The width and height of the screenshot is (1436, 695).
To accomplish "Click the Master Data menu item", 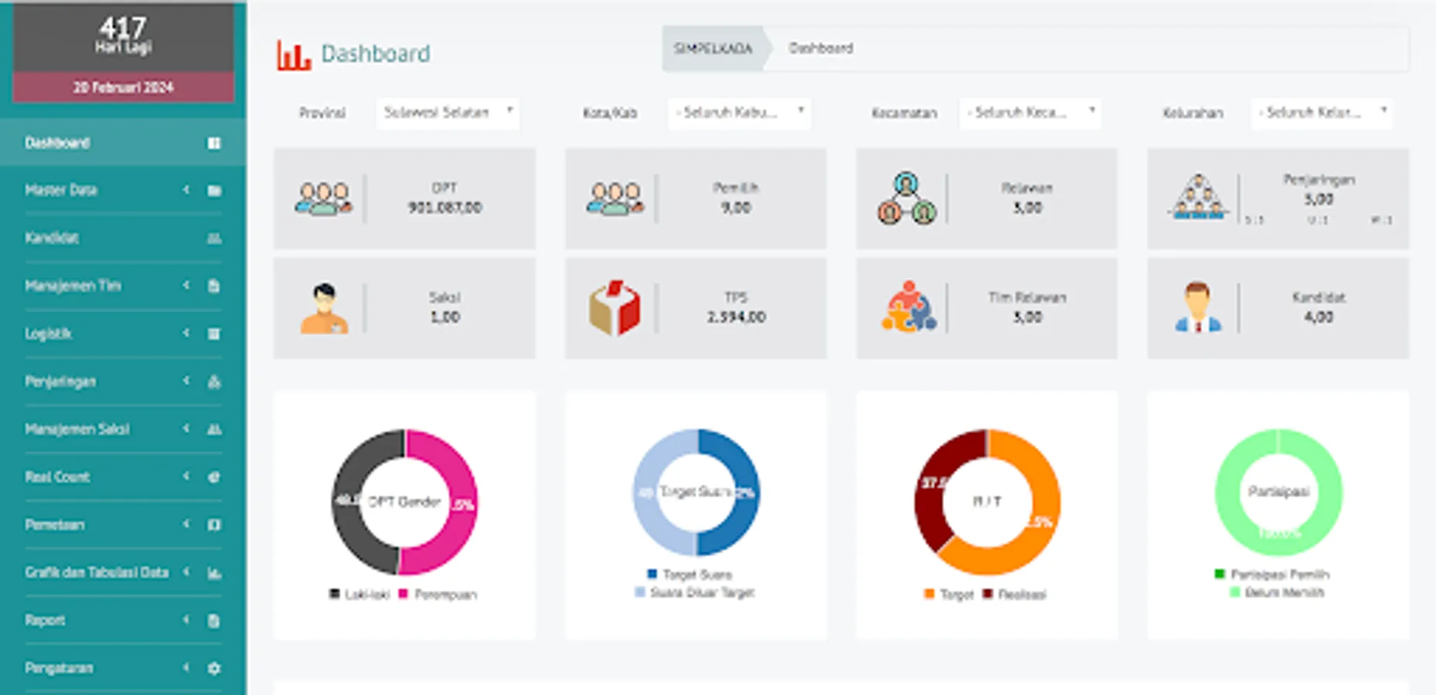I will [x=61, y=190].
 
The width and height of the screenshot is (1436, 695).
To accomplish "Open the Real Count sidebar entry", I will [x=58, y=477].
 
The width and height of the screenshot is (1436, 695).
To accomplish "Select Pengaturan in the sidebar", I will [x=59, y=668].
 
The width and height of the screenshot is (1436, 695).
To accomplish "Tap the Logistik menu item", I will [x=48, y=334].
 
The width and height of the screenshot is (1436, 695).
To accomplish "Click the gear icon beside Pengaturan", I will [x=214, y=668].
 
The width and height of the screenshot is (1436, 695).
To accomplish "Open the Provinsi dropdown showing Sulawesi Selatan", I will [x=447, y=113].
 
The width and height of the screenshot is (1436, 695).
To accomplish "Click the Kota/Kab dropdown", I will [x=739, y=113].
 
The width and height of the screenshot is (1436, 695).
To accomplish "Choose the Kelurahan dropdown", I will [x=1322, y=113].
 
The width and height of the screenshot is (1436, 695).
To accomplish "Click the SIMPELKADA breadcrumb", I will [x=713, y=49].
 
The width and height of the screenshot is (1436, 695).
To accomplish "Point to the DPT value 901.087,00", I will [x=445, y=208].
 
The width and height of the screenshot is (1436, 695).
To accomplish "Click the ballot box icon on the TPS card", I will [x=614, y=307].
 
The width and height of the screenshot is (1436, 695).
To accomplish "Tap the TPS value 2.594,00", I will [x=736, y=317].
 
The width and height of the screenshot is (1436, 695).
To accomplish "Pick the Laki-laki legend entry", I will [x=360, y=595].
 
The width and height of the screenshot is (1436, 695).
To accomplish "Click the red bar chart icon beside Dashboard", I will [x=293, y=54].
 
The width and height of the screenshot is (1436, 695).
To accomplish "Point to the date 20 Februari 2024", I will [x=124, y=87].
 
